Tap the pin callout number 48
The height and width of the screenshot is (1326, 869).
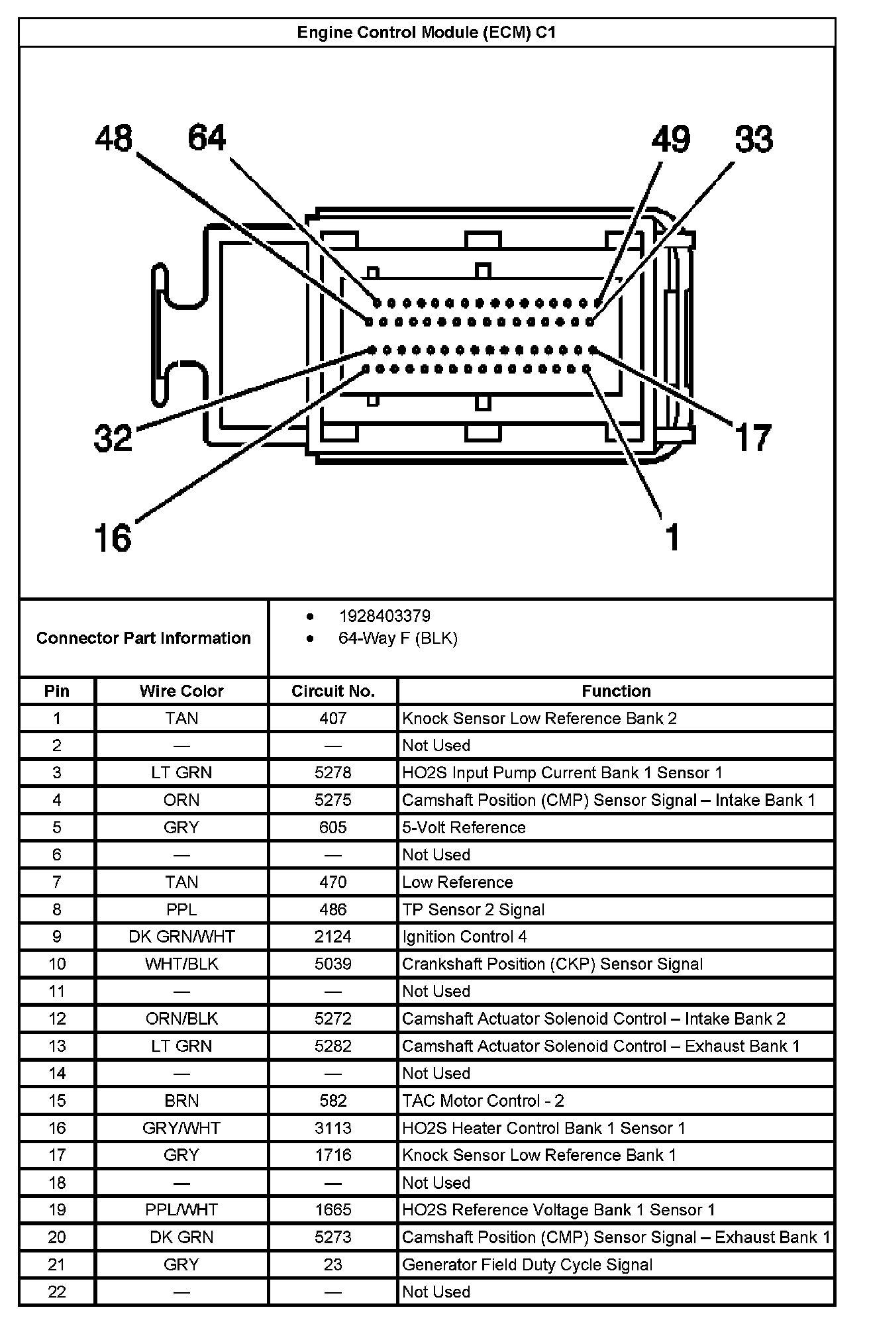(114, 139)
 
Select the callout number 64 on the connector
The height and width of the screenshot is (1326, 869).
(207, 138)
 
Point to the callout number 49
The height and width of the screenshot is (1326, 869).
(670, 140)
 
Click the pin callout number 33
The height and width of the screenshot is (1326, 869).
(754, 140)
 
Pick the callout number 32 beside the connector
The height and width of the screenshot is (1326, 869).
(113, 438)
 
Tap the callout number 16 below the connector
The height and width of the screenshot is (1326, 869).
(113, 537)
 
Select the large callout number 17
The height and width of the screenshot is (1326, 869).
(753, 438)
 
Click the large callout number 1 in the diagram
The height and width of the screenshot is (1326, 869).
(672, 537)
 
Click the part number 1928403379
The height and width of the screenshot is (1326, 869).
(384, 616)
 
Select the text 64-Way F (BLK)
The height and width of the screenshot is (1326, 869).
(397, 638)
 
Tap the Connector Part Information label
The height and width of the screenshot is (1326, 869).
(144, 638)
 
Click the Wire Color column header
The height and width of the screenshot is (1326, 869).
(181, 691)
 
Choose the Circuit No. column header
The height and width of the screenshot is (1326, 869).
(333, 691)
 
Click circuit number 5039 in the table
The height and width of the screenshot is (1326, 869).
(333, 964)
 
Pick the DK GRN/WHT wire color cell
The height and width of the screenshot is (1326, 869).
(181, 937)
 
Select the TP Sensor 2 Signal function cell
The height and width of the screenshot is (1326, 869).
(473, 909)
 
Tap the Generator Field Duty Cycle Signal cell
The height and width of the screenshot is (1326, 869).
(527, 1264)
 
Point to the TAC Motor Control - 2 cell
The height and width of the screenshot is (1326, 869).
(483, 1100)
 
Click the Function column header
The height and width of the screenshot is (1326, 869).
(616, 691)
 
